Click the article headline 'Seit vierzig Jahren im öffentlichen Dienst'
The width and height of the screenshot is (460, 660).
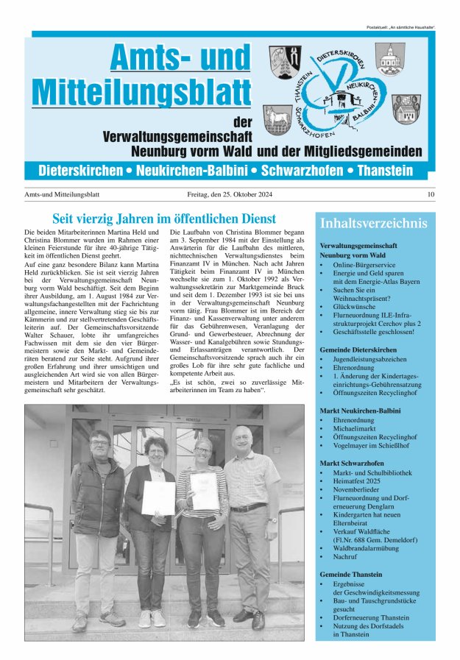pos(164,219)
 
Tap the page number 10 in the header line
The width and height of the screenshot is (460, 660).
pos(431,195)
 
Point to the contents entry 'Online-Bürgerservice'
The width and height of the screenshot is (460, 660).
pos(364,264)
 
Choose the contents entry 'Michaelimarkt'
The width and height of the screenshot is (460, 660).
pos(356,427)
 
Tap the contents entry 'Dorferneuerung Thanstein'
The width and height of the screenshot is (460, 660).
pos(371,617)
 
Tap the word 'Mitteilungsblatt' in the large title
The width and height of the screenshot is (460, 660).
pos(142,91)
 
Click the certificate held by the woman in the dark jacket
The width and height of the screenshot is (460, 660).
pos(158,497)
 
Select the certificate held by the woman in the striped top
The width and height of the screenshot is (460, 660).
pos(203,491)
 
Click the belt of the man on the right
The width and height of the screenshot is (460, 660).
pos(249,508)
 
